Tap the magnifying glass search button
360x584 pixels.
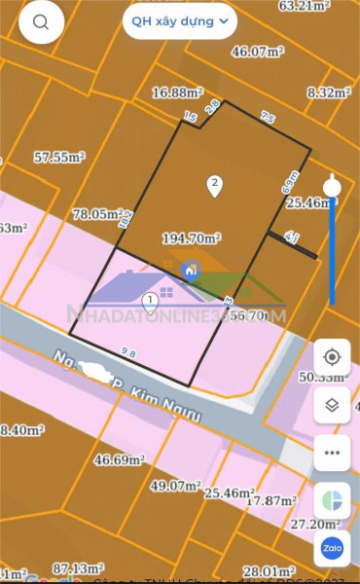[x=40, y=22]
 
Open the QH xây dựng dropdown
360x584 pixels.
[x=179, y=19]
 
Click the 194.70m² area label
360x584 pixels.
[x=192, y=237]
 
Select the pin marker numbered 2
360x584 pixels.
[x=215, y=185]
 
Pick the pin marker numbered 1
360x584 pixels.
[x=148, y=304]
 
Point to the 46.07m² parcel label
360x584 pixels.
[x=256, y=52]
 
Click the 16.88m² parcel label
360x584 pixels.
[x=176, y=93]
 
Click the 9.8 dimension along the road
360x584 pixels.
[x=127, y=352]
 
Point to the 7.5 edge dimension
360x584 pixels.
[x=267, y=119]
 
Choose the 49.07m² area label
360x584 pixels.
[x=175, y=485]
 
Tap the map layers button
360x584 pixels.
[x=333, y=405]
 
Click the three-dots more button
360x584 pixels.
[x=333, y=452]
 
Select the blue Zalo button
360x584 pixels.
[x=333, y=548]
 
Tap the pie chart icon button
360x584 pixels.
[x=333, y=500]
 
